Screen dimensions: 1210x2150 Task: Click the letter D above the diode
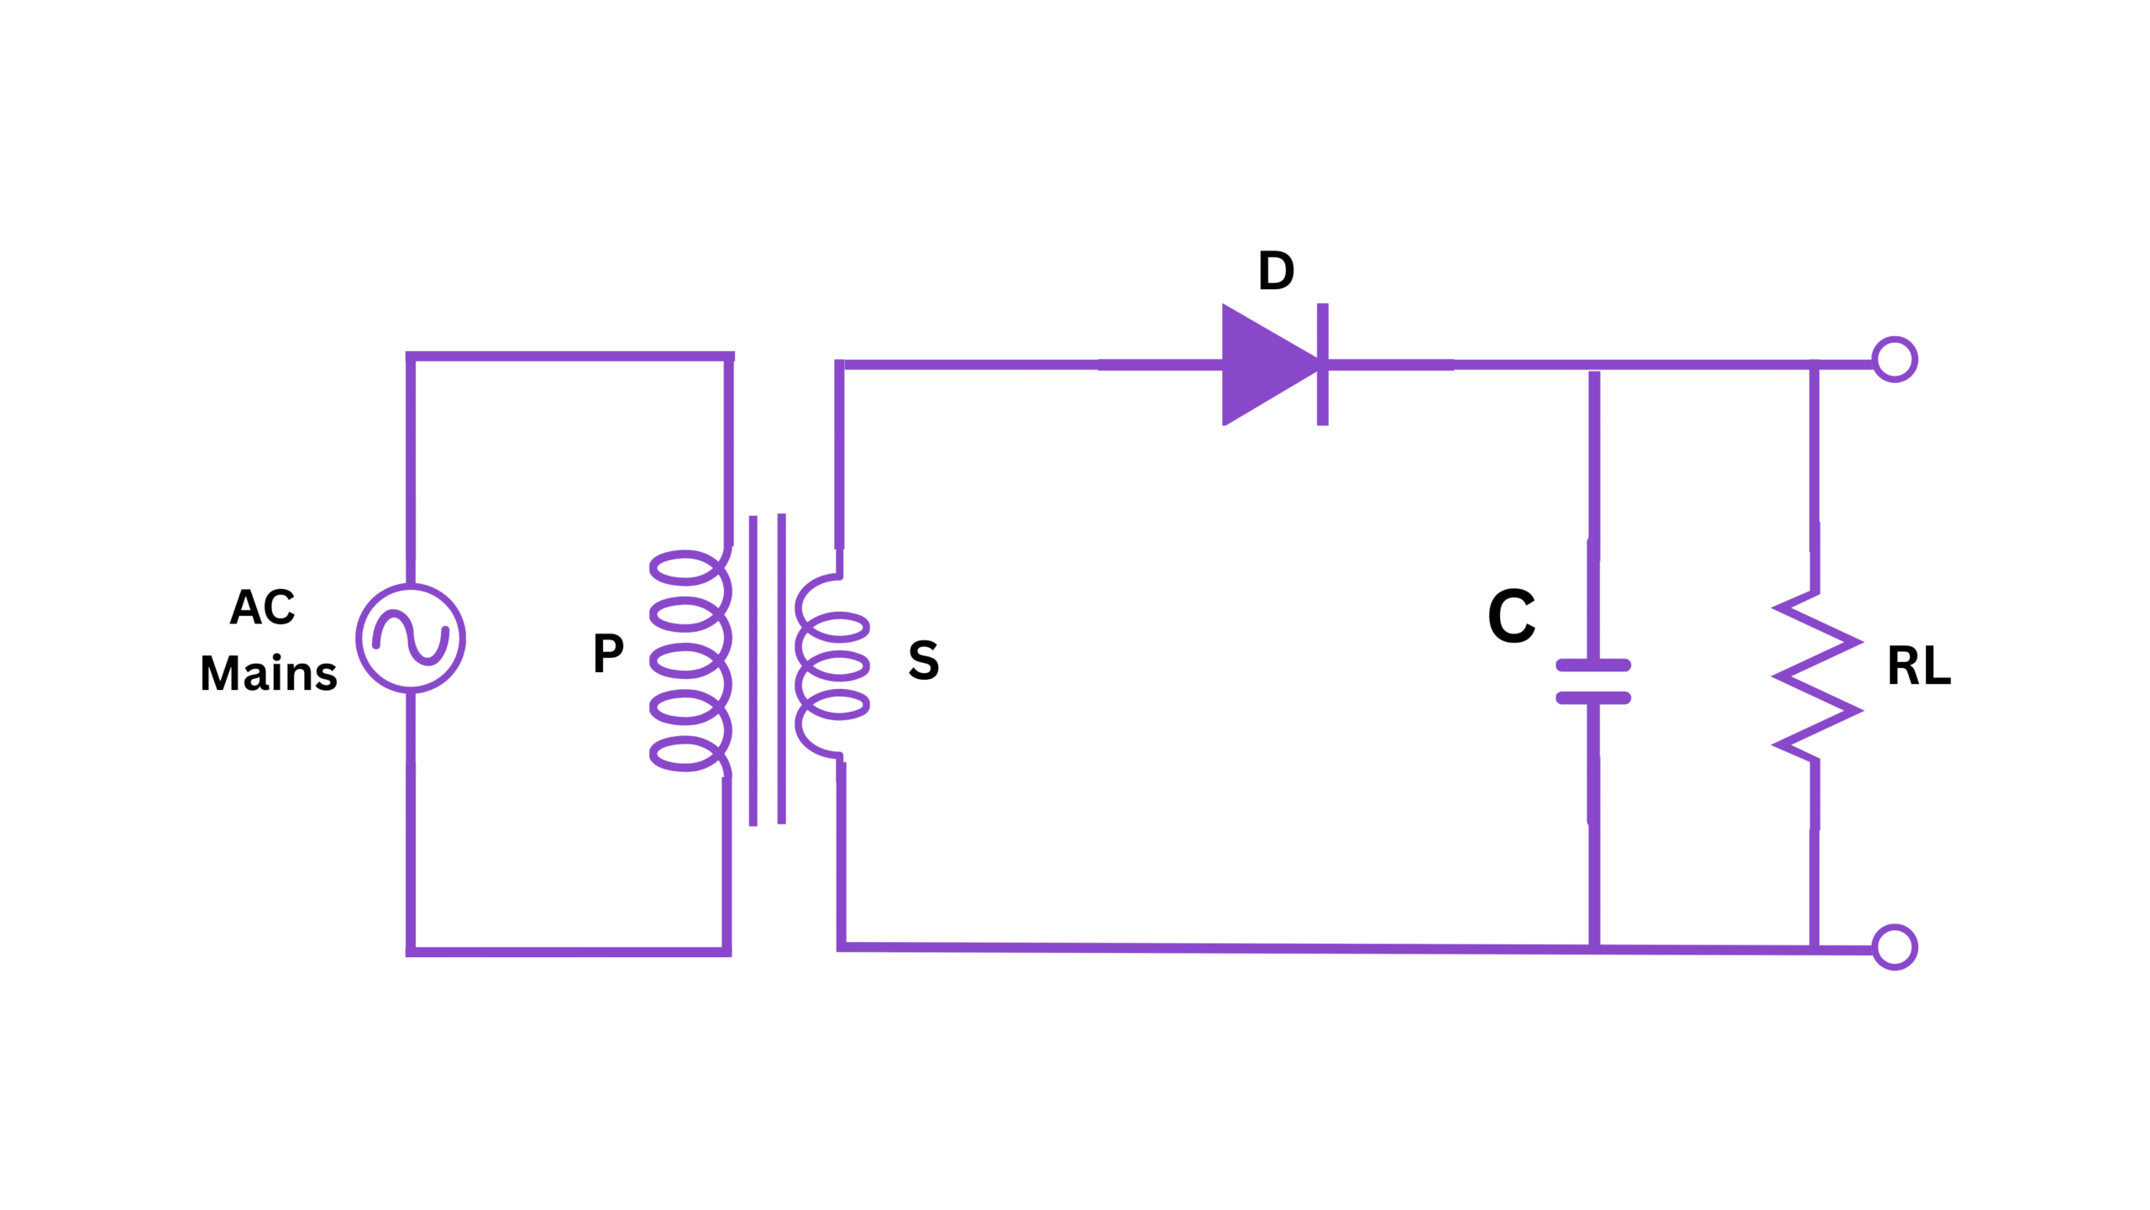(x=1276, y=271)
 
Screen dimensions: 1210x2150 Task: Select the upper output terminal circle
(x=1895, y=360)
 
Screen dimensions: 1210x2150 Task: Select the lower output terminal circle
(x=1895, y=947)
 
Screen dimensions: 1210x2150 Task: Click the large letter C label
(x=1511, y=616)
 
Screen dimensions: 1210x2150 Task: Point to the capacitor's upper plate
(x=1593, y=665)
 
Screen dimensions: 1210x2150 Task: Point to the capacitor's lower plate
(x=1593, y=698)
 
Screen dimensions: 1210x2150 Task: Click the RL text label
(x=1919, y=666)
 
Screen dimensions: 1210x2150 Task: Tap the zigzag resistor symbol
(x=1817, y=676)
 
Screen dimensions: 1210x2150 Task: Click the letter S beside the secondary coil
(x=923, y=660)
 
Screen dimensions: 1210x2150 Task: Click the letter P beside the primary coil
(x=608, y=653)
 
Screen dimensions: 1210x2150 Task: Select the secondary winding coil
(x=831, y=666)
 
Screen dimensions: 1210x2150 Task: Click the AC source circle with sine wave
(x=411, y=639)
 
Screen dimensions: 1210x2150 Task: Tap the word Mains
(x=269, y=673)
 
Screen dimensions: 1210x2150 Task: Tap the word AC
(x=262, y=607)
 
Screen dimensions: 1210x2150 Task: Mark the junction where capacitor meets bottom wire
(x=1594, y=949)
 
